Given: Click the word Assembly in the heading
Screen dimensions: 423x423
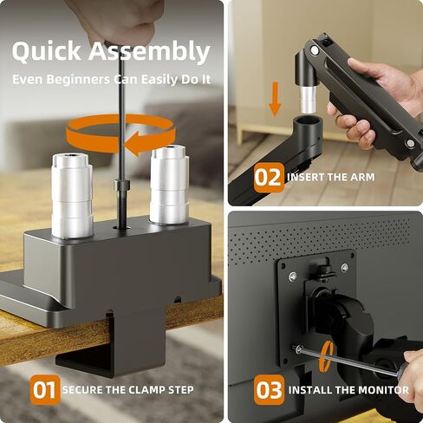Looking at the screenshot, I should tap(148, 53).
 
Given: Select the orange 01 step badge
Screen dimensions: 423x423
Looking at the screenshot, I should tap(44, 389).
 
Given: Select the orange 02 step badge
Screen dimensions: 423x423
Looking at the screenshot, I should tap(269, 178).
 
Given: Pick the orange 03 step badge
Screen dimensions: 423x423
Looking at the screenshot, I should tap(269, 389).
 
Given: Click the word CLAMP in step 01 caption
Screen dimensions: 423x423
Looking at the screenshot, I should tap(140, 390).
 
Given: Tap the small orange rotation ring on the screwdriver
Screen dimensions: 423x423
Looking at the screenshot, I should tap(327, 356).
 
